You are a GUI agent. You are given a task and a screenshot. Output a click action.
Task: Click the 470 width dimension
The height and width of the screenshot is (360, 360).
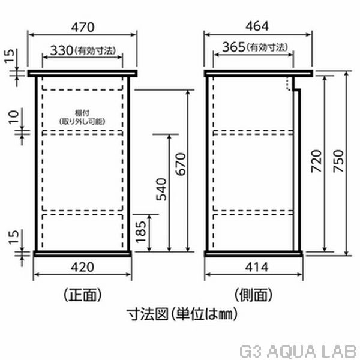82,26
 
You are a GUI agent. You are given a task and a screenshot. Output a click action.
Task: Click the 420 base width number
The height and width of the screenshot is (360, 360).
82,266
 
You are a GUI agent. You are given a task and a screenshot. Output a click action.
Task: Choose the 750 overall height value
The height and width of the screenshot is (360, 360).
338,161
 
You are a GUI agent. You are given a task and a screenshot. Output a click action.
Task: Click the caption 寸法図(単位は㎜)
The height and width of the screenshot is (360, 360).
179,313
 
